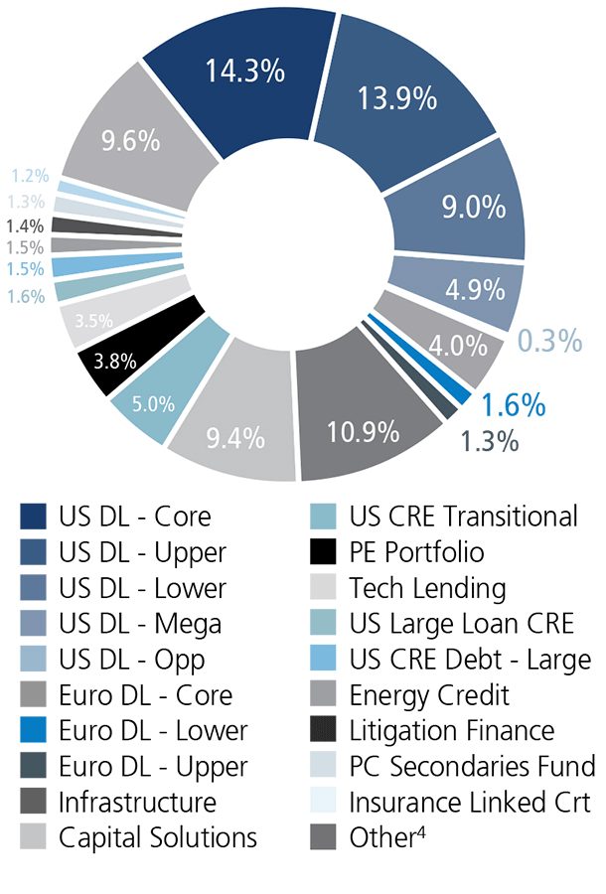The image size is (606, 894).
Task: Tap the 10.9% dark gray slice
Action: point(364,431)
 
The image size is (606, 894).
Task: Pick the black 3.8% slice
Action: point(116,362)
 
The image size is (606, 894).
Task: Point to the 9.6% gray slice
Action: point(130,140)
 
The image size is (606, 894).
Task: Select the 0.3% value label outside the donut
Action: point(549,341)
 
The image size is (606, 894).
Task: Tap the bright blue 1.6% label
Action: point(513,405)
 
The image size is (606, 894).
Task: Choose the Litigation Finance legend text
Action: point(452,730)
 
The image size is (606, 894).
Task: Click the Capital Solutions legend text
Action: point(158,837)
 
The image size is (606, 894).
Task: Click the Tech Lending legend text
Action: point(427,588)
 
